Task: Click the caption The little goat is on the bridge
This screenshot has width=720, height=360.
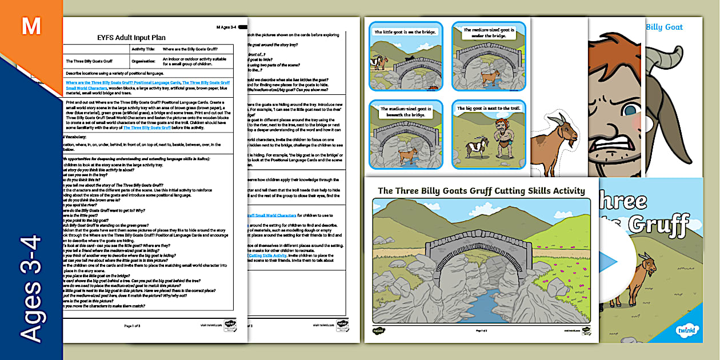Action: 405,33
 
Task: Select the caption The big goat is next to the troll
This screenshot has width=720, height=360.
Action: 488,109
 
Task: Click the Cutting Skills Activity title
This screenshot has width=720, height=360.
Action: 481,191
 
